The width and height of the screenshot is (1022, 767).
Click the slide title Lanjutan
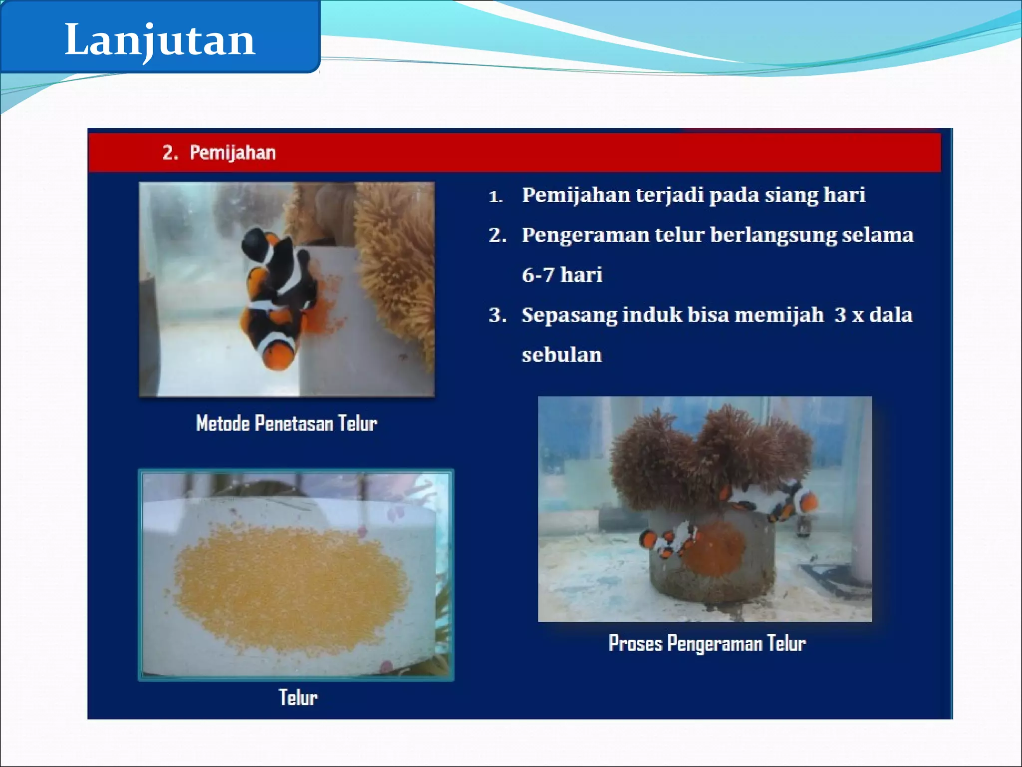click(160, 40)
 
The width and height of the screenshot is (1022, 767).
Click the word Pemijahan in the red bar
click(233, 152)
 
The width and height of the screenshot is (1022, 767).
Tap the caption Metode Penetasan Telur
click(286, 423)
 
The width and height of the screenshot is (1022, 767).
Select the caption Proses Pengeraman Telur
click(707, 643)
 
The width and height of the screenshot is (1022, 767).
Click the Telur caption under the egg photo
click(297, 698)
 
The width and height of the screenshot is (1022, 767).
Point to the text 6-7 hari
click(562, 275)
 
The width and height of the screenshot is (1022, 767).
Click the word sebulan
click(562, 355)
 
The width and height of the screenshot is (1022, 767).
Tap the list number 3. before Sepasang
click(498, 315)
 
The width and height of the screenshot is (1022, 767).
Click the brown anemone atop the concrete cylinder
click(709, 454)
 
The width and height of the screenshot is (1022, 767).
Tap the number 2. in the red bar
click(170, 152)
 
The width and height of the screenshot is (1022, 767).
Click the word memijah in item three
click(779, 315)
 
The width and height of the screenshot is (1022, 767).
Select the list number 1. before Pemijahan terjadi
click(495, 196)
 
